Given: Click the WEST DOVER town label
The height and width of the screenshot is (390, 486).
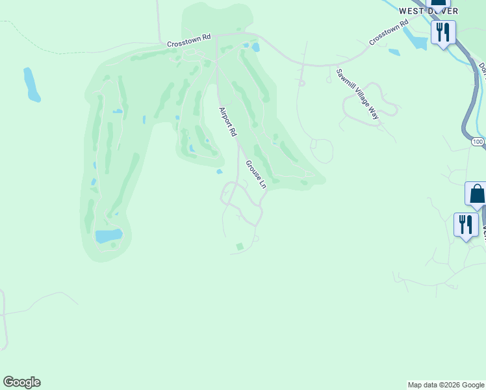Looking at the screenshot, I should (x=428, y=11).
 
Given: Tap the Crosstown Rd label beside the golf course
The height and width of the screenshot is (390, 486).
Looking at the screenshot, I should (x=189, y=41).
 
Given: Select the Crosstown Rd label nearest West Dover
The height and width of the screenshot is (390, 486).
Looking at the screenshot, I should (x=389, y=32).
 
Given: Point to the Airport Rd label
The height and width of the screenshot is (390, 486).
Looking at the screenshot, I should (x=227, y=122).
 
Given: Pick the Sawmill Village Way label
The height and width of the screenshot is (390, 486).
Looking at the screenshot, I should (x=357, y=94).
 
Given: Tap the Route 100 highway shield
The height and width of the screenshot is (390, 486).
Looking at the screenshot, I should (x=478, y=141).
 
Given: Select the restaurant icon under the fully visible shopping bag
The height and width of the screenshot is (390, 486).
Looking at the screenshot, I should (x=466, y=225).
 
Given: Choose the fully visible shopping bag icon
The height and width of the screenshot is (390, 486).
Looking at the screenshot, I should (x=477, y=194).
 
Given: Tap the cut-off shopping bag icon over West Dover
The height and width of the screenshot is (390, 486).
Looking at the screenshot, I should (x=439, y=3).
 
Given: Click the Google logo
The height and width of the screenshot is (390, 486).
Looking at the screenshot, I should (x=21, y=382).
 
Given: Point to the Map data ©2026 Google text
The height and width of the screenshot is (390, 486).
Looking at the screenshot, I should (x=446, y=385).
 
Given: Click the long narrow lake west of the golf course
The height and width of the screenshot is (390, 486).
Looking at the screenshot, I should (x=31, y=84).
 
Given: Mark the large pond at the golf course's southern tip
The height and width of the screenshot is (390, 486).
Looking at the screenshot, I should (x=109, y=235).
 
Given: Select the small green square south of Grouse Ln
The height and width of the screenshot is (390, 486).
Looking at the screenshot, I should (x=240, y=246).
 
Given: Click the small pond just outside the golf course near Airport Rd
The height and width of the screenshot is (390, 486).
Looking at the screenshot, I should (x=220, y=172).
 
